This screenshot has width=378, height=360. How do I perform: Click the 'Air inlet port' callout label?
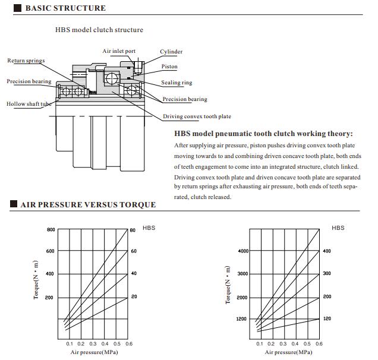(119, 52)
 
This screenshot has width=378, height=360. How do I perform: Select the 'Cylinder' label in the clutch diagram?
(171, 52)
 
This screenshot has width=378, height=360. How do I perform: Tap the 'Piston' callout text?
(169, 67)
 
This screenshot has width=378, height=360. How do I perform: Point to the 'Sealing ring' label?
(177, 83)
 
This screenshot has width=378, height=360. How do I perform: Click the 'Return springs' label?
(26, 61)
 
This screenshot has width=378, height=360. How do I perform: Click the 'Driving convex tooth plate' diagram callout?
(197, 116)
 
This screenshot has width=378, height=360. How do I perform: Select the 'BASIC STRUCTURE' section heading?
(65, 8)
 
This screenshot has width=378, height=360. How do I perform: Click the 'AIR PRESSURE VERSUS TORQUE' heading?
(88, 205)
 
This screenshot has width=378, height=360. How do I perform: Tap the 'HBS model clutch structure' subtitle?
(99, 30)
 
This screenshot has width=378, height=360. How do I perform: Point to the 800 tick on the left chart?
(51, 229)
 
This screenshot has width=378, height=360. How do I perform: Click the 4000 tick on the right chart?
(243, 251)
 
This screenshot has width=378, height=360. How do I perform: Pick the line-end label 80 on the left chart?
(133, 230)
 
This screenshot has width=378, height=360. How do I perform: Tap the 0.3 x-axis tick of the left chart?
(93, 344)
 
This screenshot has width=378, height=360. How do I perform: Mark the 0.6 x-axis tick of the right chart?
(319, 344)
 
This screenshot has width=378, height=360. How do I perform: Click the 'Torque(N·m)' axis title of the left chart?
(36, 280)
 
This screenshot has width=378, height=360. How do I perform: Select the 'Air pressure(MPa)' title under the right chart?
(288, 352)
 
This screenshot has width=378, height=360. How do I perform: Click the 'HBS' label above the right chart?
(338, 228)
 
